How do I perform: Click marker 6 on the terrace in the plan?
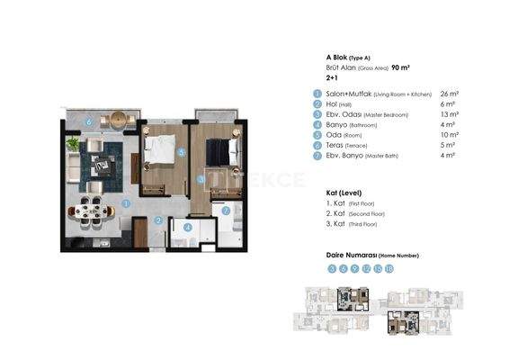coord(88,121)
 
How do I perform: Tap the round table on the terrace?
coord(117,120)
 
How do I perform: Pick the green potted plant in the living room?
coord(73,144)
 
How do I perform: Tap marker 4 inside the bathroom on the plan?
coord(186,228)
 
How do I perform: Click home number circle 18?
coord(389,268)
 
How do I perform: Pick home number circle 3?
coord(332,268)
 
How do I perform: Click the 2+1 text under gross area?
coord(333,77)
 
